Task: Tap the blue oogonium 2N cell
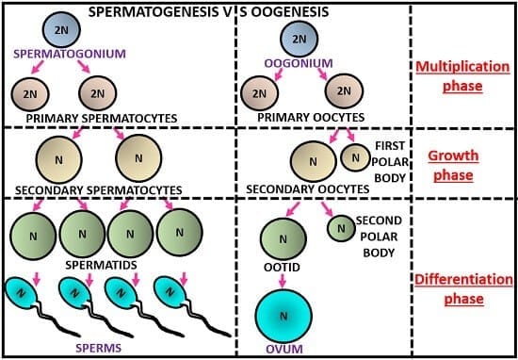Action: pyautogui.click(x=299, y=39)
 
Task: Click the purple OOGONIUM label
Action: pyautogui.click(x=300, y=63)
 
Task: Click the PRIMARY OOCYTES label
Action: pyautogui.click(x=299, y=117)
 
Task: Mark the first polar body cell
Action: pyautogui.click(x=355, y=157)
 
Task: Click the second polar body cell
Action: pyautogui.click(x=341, y=227)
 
